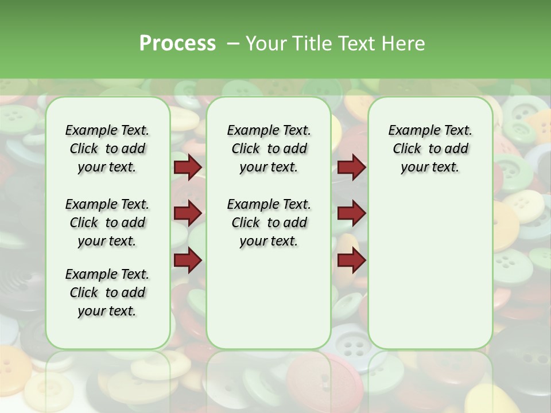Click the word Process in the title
(x=177, y=44)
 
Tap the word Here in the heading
(x=405, y=44)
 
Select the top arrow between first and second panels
(x=188, y=167)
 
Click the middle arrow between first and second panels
(x=188, y=213)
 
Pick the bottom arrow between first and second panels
(x=188, y=260)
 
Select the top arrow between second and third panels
(x=351, y=167)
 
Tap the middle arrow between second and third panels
(x=351, y=213)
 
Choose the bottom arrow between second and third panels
(x=351, y=260)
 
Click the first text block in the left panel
(x=107, y=149)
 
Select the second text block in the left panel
(x=107, y=223)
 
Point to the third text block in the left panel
(x=107, y=293)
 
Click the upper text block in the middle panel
(x=269, y=149)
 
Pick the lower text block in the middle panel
(x=269, y=223)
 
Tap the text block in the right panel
(x=430, y=149)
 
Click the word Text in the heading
(x=358, y=44)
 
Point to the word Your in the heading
(x=266, y=44)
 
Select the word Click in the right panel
(x=407, y=149)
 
